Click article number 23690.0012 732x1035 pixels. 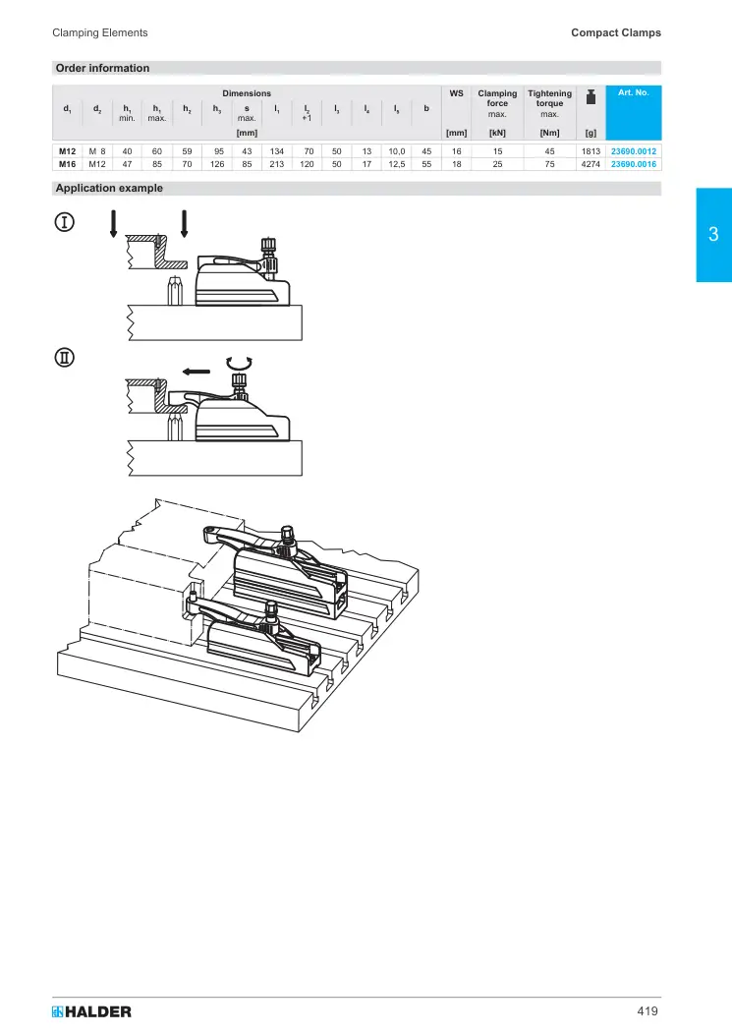point(633,151)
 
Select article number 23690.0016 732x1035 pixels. point(633,164)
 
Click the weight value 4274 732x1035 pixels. point(591,164)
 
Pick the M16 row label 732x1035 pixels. point(68,164)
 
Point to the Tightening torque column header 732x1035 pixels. point(550,103)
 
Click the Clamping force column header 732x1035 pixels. point(497,103)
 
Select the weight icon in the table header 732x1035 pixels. point(591,96)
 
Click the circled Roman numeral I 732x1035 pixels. point(64,222)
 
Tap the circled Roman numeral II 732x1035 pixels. point(64,358)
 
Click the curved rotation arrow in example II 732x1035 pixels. point(239,362)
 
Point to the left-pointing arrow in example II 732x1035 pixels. point(197,372)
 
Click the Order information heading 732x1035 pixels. point(102,68)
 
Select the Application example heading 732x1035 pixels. point(109,188)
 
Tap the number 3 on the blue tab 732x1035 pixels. point(713,234)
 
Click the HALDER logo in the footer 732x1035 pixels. point(91,1011)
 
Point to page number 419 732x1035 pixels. point(648,1011)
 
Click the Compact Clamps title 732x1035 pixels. point(616,32)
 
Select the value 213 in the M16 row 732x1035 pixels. point(276,164)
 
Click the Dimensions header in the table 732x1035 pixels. point(247,93)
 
